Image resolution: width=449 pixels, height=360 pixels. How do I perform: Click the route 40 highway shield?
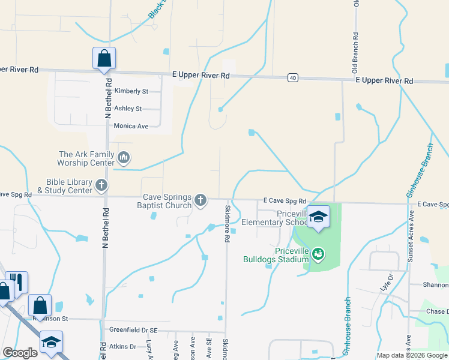[292, 78]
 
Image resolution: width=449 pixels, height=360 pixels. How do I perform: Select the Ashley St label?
[128, 109]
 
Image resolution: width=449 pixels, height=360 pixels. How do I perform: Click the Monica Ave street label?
[131, 126]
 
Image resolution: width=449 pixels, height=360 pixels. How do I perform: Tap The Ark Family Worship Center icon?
[124, 158]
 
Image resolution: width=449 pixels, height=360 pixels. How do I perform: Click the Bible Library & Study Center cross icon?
[101, 185]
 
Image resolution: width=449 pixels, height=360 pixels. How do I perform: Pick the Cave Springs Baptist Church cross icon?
[200, 200]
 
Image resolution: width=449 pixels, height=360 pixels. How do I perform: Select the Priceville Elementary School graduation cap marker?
[318, 217]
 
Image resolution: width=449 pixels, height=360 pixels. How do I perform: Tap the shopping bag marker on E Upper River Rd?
[104, 59]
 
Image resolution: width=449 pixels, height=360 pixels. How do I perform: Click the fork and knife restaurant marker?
[17, 282]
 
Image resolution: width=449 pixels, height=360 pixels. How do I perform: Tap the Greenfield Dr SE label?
[133, 330]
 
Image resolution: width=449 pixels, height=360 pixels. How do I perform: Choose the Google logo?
[20, 353]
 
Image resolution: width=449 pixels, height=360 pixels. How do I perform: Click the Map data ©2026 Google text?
[411, 355]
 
